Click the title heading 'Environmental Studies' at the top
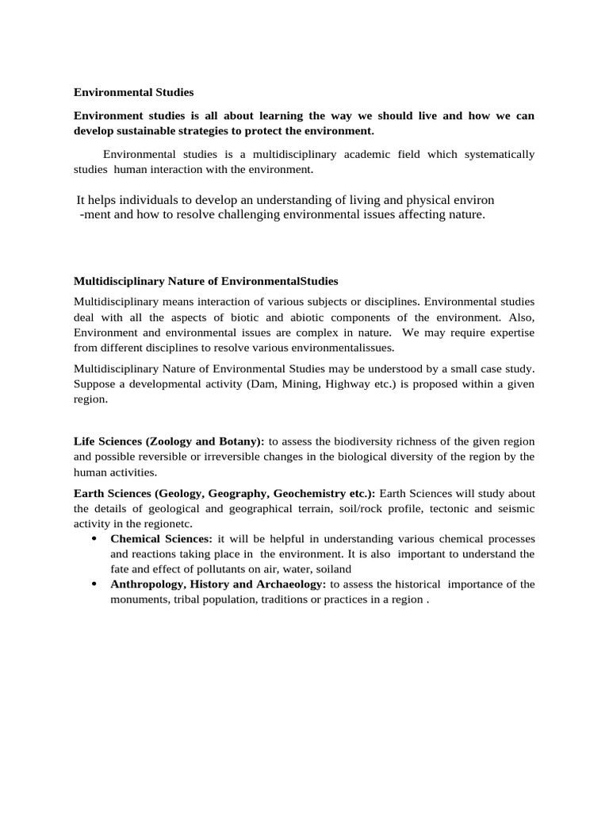[x=133, y=92]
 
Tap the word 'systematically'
[x=498, y=154]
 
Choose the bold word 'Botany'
[x=239, y=441]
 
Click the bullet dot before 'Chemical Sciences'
[x=94, y=539]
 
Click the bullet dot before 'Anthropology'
[x=94, y=584]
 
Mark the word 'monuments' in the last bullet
[x=138, y=600]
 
